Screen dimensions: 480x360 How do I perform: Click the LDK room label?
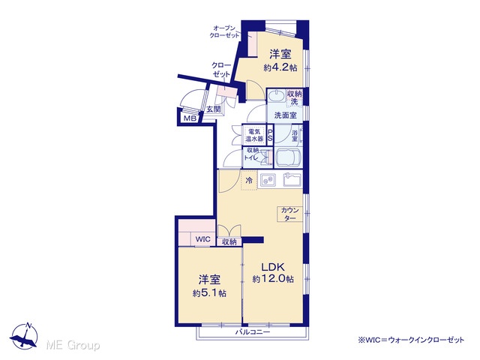[273, 267]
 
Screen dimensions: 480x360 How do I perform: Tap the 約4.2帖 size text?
[280, 67]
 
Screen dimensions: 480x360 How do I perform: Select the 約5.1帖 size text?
[209, 293]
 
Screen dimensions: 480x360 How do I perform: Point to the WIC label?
[203, 238]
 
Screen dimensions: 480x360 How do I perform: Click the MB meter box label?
[190, 118]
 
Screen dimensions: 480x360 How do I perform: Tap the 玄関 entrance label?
[213, 109]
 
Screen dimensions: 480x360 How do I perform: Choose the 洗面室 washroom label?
[285, 115]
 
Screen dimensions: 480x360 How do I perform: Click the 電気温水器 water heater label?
[254, 135]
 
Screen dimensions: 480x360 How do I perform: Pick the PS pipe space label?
[270, 135]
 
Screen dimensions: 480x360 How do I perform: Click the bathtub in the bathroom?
[289, 157]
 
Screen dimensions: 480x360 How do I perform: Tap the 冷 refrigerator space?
[249, 181]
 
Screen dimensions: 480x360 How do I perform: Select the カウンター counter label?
[289, 214]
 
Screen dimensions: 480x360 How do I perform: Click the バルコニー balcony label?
[253, 332]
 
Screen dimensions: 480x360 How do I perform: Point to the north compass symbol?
[25, 335]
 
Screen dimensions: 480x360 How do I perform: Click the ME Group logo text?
[73, 346]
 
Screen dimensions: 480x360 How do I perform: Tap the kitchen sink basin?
[292, 180]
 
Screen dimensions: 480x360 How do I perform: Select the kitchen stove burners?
[268, 180]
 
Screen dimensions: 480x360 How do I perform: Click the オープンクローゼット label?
[224, 31]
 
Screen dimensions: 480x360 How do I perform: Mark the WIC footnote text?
[411, 340]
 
